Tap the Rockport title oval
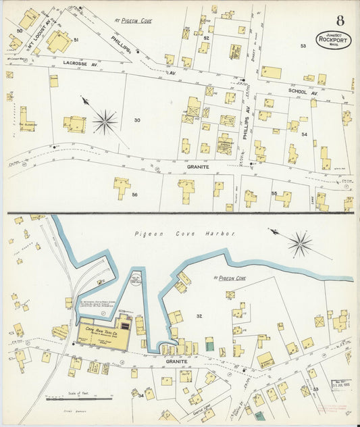pyautogui.click(x=332, y=41)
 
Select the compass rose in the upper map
pyautogui.click(x=105, y=122)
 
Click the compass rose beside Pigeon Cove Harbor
pyautogui.click(x=300, y=244)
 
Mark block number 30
pyautogui.click(x=137, y=120)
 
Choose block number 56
pyautogui.click(x=135, y=195)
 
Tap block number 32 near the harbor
pyautogui.click(x=199, y=316)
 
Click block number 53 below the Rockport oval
pyautogui.click(x=303, y=46)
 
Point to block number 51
pyautogui.click(x=76, y=41)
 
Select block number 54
pyautogui.click(x=305, y=134)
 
